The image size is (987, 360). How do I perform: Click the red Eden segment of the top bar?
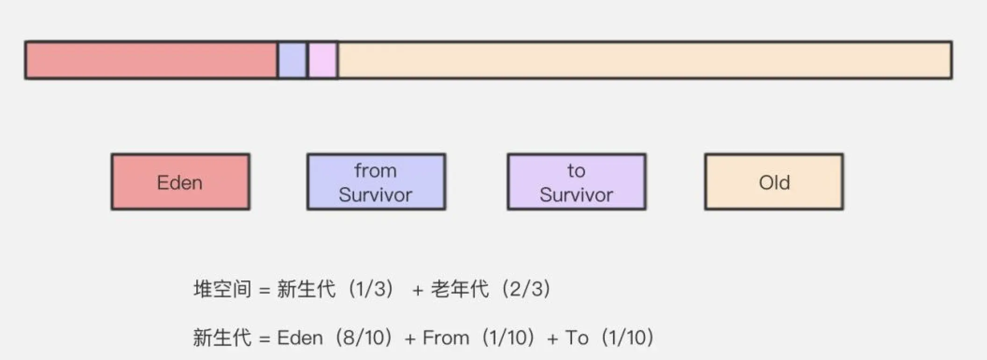(151, 60)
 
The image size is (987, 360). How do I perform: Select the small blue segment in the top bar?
(292, 60)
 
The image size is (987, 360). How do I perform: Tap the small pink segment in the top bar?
(322, 60)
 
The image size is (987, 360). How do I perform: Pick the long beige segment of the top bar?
(645, 60)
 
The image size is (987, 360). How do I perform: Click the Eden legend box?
(180, 182)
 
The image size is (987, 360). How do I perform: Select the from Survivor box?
(376, 182)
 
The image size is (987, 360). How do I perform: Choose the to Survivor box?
(577, 182)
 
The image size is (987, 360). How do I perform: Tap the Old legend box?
(774, 182)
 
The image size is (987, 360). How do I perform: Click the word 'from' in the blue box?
(375, 171)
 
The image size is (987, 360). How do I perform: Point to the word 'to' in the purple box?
(576, 171)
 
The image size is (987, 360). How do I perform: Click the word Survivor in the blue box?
(375, 194)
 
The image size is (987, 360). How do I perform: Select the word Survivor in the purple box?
(576, 194)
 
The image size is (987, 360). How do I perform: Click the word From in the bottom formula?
(446, 338)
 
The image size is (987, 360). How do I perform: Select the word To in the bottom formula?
(577, 338)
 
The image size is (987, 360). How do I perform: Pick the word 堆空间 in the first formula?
(222, 289)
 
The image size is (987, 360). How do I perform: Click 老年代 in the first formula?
(460, 289)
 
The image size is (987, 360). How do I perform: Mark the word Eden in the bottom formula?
(300, 338)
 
